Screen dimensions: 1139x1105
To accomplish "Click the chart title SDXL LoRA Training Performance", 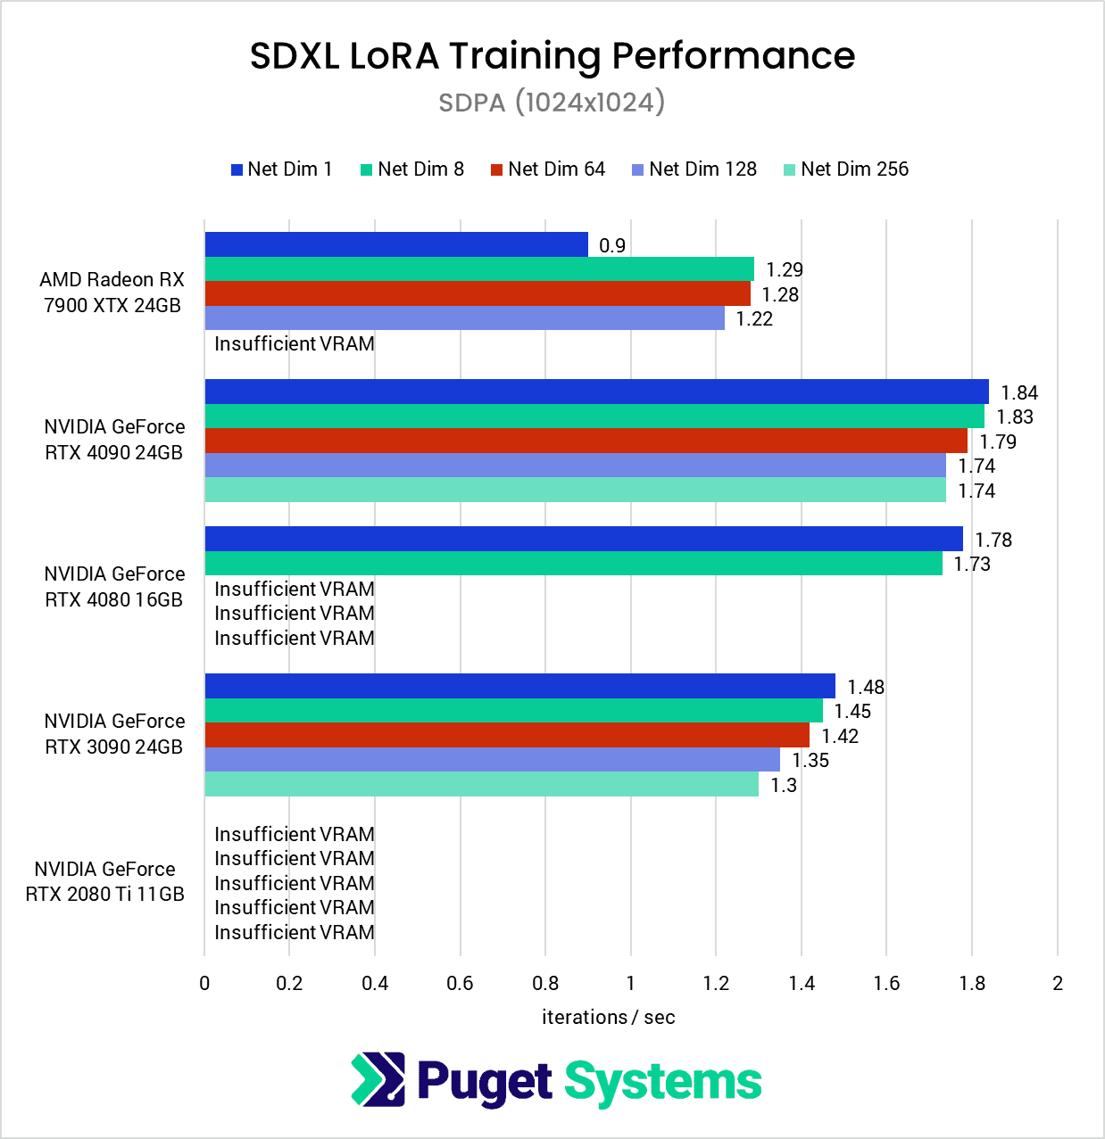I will [x=552, y=56].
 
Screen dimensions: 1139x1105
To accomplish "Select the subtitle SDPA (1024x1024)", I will [x=552, y=103].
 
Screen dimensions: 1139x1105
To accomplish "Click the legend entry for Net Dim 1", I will [x=282, y=169].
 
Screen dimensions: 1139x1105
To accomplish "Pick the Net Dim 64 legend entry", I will [x=548, y=169].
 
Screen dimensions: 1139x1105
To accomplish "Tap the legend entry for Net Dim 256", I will [x=845, y=169].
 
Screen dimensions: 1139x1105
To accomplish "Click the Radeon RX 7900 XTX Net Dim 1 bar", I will [x=396, y=244].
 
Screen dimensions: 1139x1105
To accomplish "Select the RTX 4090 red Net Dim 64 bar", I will [x=586, y=441].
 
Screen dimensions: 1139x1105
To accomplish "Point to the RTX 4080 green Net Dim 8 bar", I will [x=574, y=564].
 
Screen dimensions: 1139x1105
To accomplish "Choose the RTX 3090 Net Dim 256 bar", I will [x=482, y=785].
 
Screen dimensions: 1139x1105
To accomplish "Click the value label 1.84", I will [x=1019, y=393].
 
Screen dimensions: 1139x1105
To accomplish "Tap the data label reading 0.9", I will [x=612, y=246].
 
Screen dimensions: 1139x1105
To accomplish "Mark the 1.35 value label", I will [x=810, y=761].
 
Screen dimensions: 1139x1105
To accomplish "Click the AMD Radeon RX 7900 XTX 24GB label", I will [x=112, y=293].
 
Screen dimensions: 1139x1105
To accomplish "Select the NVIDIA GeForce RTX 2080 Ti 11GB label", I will [x=105, y=881].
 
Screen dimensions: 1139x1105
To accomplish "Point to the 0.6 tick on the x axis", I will [x=460, y=984].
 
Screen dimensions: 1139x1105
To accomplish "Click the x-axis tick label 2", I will [x=1058, y=984].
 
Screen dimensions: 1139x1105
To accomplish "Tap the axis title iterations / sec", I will [x=608, y=1018].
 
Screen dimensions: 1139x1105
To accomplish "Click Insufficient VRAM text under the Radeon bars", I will [x=295, y=344].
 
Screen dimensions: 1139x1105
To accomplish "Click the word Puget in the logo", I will [x=485, y=1082].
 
